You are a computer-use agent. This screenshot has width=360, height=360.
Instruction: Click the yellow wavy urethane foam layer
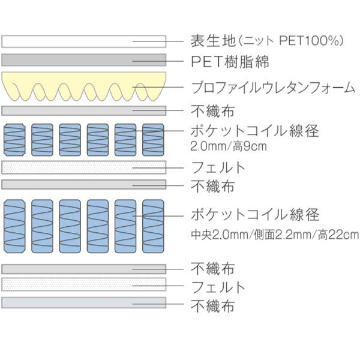tap(84, 84)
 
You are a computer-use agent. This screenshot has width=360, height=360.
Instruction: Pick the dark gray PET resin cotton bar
tap(84, 60)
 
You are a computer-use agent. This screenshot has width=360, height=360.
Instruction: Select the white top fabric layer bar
tap(84, 41)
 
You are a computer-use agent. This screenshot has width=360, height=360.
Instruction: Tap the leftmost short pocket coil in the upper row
tap(15, 140)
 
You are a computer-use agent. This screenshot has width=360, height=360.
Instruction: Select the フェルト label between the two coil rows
tap(218, 166)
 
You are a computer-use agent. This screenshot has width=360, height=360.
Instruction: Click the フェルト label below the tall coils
tap(218, 286)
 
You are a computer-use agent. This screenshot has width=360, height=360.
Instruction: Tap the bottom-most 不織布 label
tap(212, 306)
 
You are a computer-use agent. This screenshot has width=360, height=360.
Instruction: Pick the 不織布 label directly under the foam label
tap(212, 111)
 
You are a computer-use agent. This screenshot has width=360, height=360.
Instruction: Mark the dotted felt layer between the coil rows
tap(84, 167)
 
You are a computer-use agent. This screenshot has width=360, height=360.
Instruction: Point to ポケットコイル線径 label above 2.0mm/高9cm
tap(254, 130)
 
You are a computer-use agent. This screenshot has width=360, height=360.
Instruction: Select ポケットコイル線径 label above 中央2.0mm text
tap(254, 214)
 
